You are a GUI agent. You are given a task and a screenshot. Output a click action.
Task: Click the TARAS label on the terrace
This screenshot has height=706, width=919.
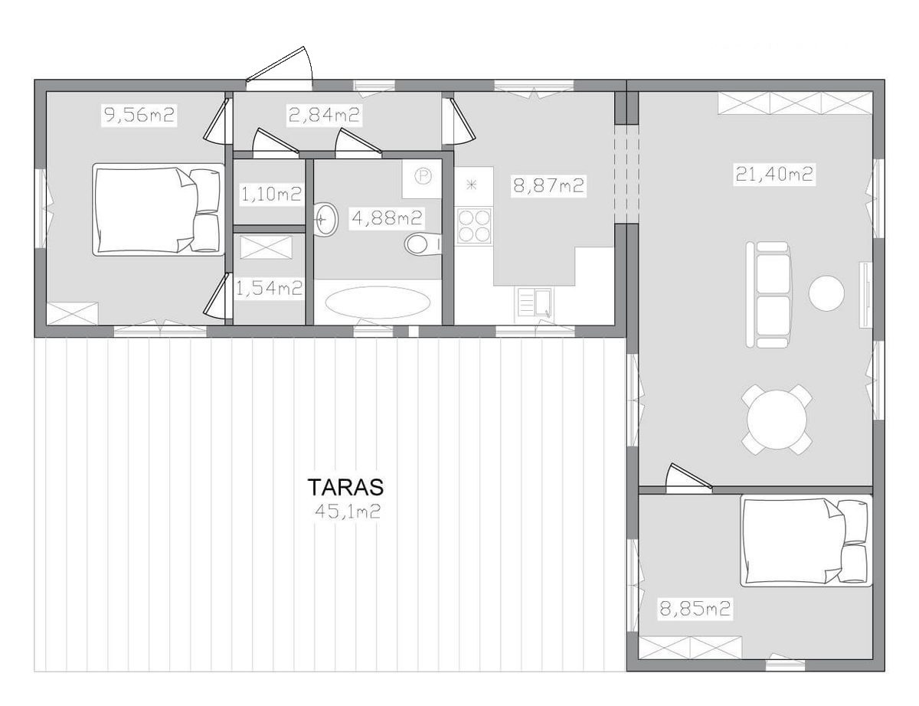(346, 486)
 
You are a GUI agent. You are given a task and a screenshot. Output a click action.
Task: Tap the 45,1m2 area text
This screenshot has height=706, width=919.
(347, 512)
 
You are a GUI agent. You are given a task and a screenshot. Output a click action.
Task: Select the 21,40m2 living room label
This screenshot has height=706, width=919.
(774, 174)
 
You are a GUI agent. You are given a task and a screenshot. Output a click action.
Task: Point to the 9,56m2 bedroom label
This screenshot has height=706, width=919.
(139, 115)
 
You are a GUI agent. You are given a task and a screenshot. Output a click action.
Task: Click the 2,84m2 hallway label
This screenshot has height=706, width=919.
(324, 115)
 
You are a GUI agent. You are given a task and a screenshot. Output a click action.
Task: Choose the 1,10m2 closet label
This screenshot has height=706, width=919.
(270, 194)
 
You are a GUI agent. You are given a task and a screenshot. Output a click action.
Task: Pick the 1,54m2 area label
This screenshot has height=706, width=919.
(269, 289)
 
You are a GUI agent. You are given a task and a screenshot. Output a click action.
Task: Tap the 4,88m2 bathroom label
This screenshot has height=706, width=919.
(387, 218)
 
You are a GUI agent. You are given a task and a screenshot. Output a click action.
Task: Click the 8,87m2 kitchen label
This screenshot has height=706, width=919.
(548, 185)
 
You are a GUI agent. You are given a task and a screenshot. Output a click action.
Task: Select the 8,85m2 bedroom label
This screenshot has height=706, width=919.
(695, 609)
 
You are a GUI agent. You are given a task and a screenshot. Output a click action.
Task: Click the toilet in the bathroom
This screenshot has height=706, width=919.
(423, 244)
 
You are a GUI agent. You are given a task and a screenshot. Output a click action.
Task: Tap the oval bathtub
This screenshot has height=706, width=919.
(378, 302)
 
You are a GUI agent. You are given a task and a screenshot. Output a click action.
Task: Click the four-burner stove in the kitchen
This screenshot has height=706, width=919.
(473, 226)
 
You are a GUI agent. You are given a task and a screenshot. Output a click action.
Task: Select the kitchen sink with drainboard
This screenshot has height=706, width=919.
(533, 302)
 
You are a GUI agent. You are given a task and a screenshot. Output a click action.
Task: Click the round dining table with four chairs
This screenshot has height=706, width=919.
(777, 420)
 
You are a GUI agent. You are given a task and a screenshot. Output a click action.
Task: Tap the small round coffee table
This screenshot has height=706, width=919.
(826, 293)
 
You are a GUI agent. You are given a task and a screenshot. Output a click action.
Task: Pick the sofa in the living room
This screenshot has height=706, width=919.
(768, 295)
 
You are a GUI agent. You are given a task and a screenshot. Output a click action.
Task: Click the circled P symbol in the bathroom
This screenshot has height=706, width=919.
(422, 176)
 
